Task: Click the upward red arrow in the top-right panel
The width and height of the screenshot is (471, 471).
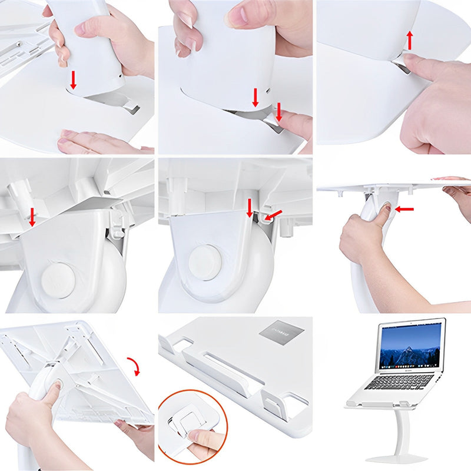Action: point(409,41)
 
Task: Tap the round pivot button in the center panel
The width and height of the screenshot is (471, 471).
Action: point(205,260)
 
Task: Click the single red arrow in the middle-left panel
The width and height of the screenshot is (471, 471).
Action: point(32,218)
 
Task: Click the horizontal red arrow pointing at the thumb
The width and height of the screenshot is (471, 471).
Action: point(404,208)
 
